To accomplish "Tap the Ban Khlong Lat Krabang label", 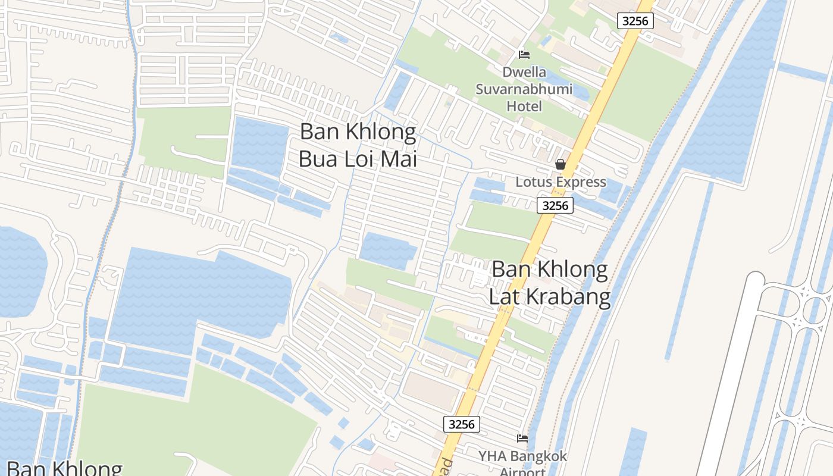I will tap(550, 283).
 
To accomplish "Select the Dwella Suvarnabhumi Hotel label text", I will tap(524, 89).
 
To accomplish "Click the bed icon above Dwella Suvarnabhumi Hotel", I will tap(524, 55).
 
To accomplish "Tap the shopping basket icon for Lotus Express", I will tap(560, 164).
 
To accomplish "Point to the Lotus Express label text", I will tap(560, 182).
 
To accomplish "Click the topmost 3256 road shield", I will tap(635, 21).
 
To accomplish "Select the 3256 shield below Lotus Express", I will tap(555, 205).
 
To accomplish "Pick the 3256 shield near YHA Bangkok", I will tap(462, 424).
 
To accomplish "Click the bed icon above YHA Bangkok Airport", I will tap(522, 439).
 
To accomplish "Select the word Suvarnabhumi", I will tap(524, 89).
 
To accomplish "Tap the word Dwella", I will tap(524, 73).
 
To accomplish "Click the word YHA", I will tap(492, 456).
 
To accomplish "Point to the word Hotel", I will tap(524, 106).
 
